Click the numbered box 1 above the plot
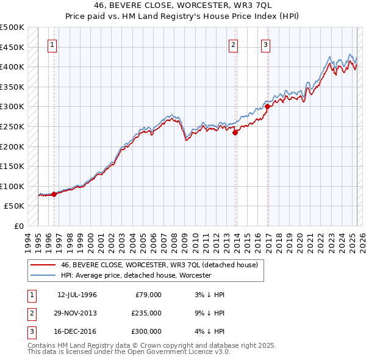coord(52,44)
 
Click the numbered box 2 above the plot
coord(234,44)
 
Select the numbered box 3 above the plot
coord(266,44)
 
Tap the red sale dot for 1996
coord(54,194)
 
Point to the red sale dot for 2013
coord(235,132)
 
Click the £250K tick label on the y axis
coord(13,126)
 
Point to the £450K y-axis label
coord(13,47)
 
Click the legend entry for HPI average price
coord(135,275)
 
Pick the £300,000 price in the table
coord(146,331)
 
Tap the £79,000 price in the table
coord(148,295)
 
